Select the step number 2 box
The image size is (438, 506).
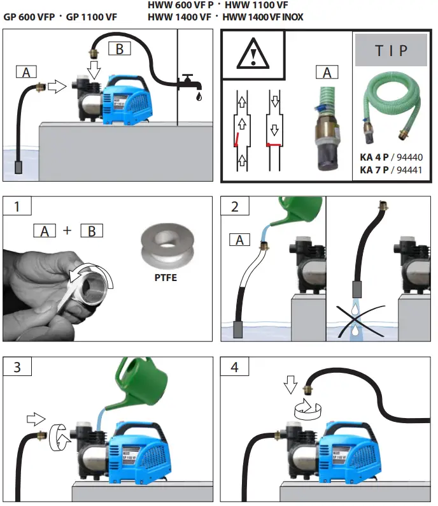234,208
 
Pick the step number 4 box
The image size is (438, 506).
234,368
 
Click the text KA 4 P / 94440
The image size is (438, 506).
391,157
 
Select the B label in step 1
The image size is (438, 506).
92,231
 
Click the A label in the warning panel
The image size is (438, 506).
327,72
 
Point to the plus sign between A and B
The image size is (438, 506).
67,231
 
